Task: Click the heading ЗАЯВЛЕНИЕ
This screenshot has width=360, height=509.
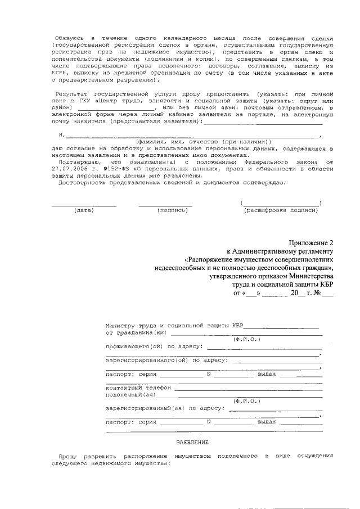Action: click(x=192, y=442)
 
